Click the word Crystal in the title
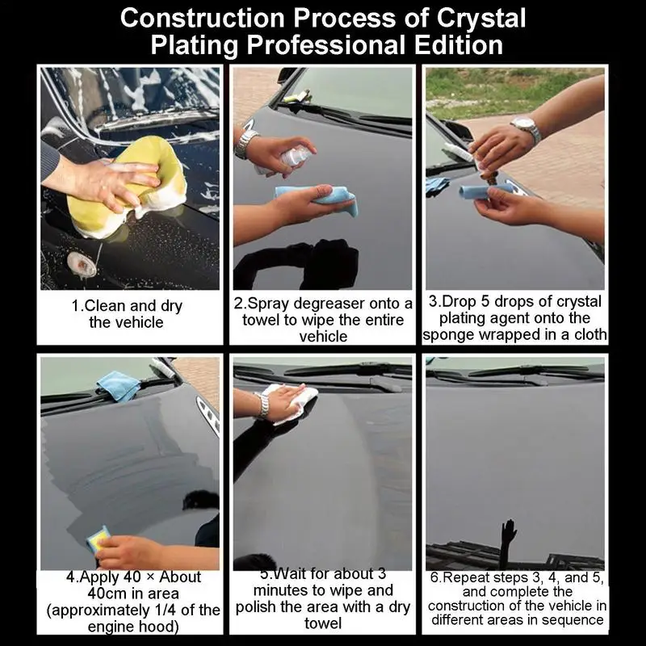480,18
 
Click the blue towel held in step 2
317,200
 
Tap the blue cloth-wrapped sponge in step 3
486,191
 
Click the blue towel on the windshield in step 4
118,386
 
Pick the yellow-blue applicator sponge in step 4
98,539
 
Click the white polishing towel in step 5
291,401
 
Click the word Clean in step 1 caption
105,306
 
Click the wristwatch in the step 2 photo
245,143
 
